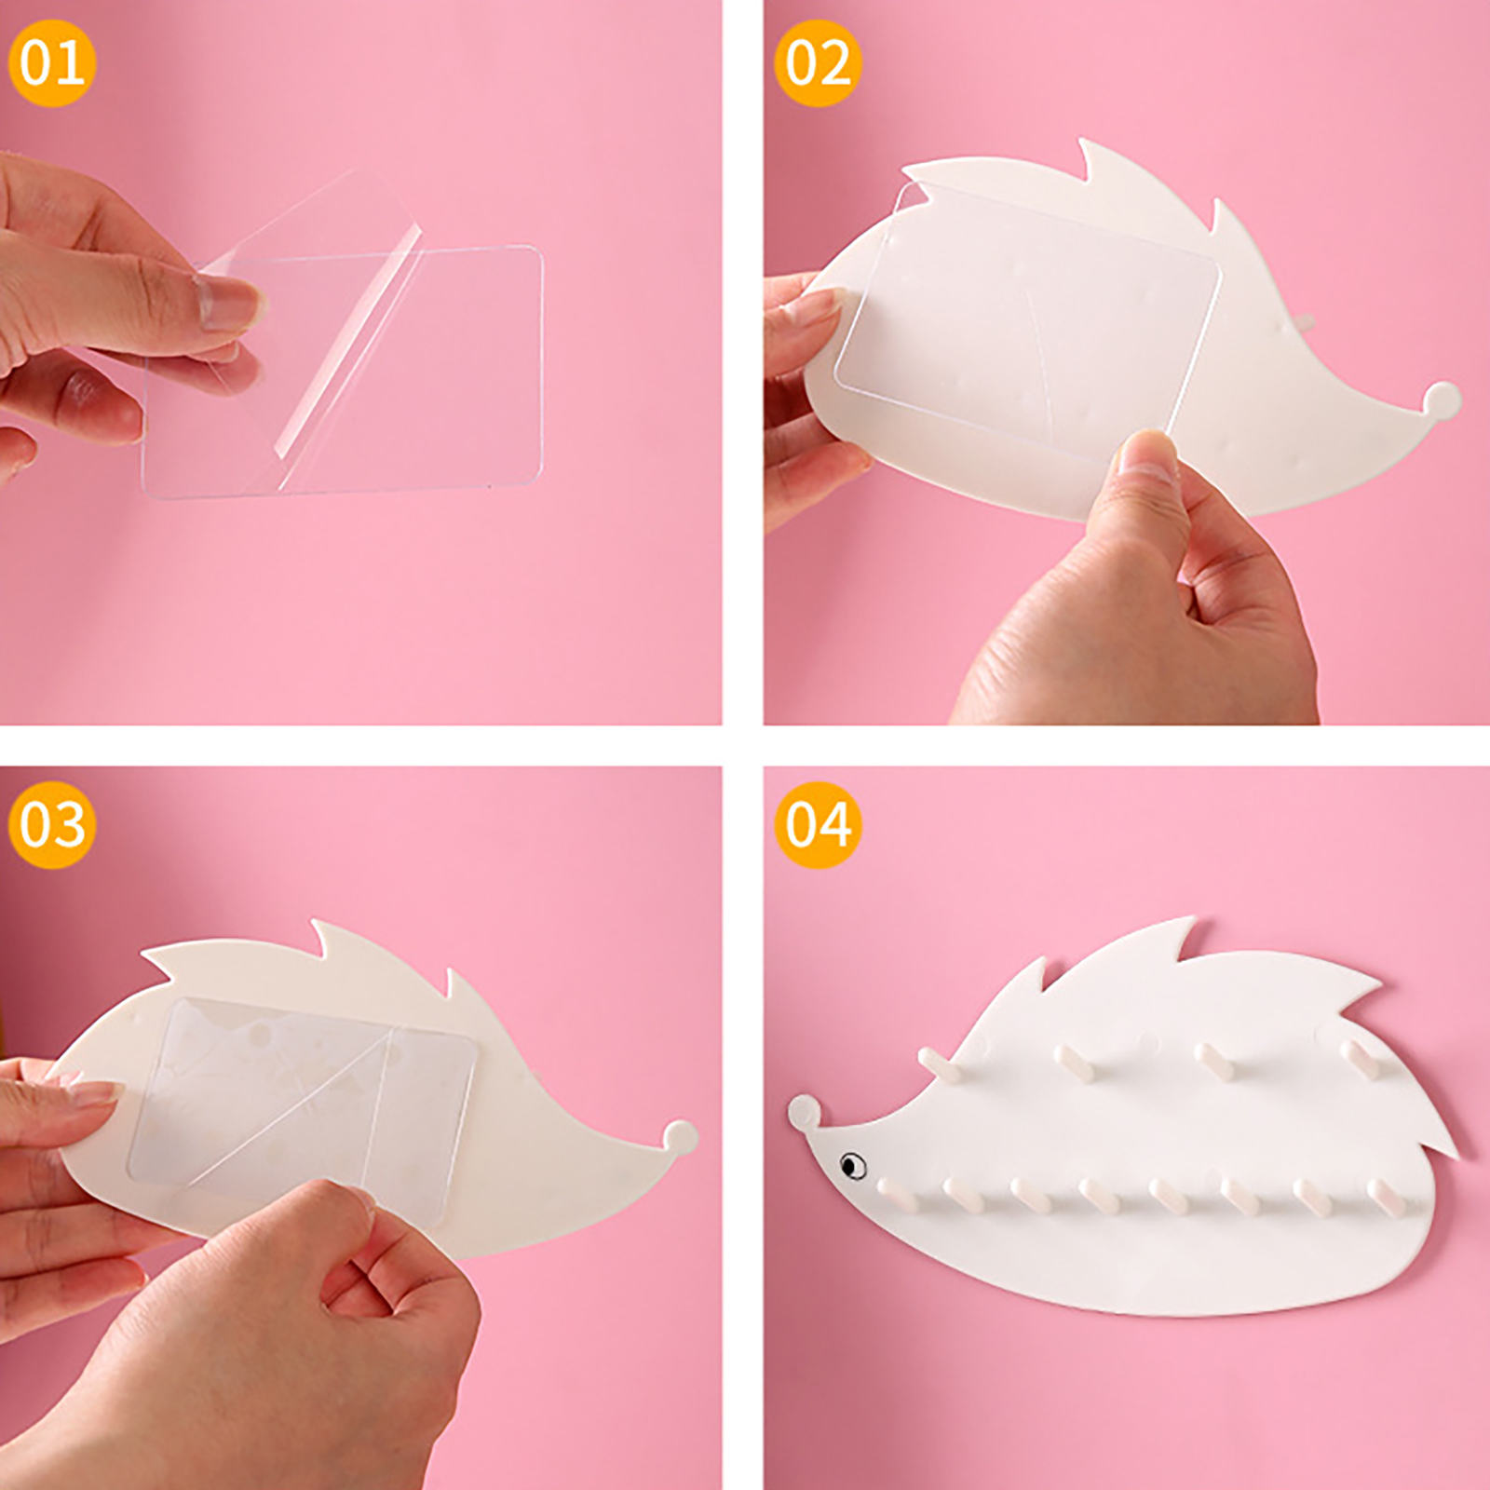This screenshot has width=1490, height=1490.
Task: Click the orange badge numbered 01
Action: (52, 62)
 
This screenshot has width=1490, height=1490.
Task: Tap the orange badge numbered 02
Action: (818, 62)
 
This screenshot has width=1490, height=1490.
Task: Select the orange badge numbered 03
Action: (52, 825)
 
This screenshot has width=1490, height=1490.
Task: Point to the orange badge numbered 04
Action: (818, 825)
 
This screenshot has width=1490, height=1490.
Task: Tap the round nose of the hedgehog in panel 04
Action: (805, 1112)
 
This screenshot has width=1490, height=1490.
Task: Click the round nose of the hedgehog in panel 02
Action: (1442, 400)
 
